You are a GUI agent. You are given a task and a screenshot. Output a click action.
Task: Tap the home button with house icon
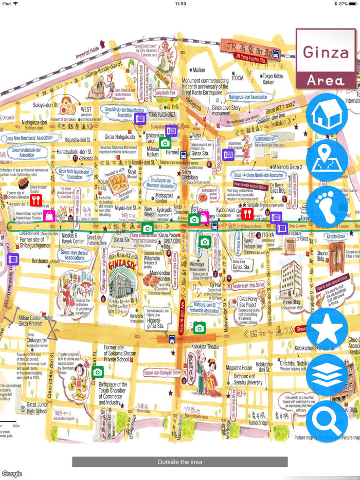pos(327,114)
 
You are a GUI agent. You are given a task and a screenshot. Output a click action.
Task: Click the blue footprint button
pos(327,207)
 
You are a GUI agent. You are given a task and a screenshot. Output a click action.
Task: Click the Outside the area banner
pos(179,461)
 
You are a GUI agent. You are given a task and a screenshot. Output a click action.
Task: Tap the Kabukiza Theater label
pos(199,347)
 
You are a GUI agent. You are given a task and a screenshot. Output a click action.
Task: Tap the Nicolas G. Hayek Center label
pos(73,239)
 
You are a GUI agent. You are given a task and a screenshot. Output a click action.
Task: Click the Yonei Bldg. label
pos(291,303)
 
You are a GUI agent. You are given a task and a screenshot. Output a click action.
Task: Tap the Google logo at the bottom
pos(12,474)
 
